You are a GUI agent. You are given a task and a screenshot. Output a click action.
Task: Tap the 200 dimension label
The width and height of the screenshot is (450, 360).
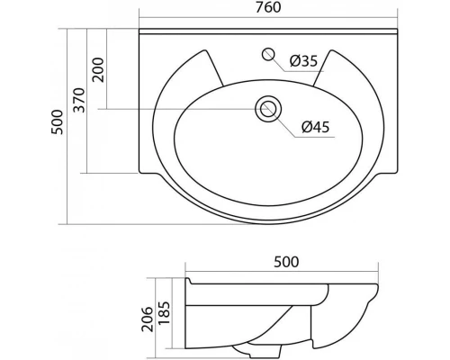(x=98, y=68)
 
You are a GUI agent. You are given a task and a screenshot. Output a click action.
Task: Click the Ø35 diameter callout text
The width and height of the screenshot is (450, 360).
(x=303, y=61)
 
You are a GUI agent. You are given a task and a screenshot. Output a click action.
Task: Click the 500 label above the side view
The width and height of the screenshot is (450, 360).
(x=283, y=262)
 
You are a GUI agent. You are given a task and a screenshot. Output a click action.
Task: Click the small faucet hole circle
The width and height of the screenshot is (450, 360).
(x=268, y=55)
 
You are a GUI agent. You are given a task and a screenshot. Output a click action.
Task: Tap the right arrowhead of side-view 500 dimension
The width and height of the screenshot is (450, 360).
(x=380, y=273)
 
